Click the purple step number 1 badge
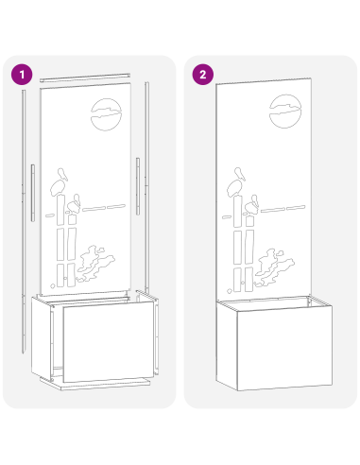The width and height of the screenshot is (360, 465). pos(22,75)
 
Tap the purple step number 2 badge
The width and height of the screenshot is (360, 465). pos(203,75)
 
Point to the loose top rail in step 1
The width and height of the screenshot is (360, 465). pos(85,77)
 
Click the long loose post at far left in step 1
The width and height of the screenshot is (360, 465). pos(24,221)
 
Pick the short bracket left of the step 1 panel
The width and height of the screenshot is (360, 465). pos(33,193)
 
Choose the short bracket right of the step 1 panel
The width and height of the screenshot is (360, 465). pos(138,186)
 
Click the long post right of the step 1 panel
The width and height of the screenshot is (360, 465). pos(146,187)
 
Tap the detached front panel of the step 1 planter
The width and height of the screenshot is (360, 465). pos(109,341)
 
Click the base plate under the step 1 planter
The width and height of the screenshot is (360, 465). pos(95,384)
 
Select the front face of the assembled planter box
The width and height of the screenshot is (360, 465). pos(284,348)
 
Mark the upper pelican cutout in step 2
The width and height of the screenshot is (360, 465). pos(236,182)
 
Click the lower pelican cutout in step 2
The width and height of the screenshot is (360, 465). pos(252,205)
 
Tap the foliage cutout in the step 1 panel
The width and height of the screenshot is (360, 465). pos(95,264)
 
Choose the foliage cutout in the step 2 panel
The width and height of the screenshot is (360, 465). pos(274,267)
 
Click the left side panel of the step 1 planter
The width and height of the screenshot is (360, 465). pos(42,338)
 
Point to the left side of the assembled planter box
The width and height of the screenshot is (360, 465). pos(227,346)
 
